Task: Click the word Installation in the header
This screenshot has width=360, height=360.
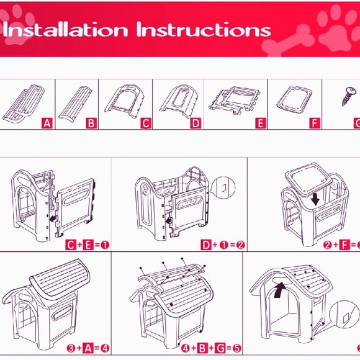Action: (65, 30)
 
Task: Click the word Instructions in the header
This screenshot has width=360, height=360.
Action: (204, 30)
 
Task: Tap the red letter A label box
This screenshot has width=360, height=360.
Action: (47, 124)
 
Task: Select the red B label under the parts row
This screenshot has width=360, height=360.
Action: (91, 124)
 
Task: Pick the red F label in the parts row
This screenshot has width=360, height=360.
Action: (315, 124)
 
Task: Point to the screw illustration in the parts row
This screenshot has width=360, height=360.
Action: (349, 96)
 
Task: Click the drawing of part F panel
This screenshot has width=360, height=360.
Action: (294, 99)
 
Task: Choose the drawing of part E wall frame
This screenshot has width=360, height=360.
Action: (235, 100)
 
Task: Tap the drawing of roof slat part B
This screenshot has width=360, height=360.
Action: (76, 103)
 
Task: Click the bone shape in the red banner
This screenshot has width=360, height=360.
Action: (289, 41)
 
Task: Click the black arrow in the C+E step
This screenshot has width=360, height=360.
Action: (53, 218)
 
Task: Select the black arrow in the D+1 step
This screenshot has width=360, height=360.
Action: (169, 221)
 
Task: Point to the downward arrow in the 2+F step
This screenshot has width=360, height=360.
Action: (315, 199)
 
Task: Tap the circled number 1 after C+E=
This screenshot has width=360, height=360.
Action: (105, 245)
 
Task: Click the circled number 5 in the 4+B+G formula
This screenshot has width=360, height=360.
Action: (236, 348)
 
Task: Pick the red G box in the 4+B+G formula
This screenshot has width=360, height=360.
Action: (220, 348)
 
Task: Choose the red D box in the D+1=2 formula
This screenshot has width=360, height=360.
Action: (206, 245)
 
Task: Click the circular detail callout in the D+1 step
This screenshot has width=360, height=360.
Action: (223, 188)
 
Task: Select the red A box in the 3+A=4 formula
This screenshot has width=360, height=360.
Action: (88, 348)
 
